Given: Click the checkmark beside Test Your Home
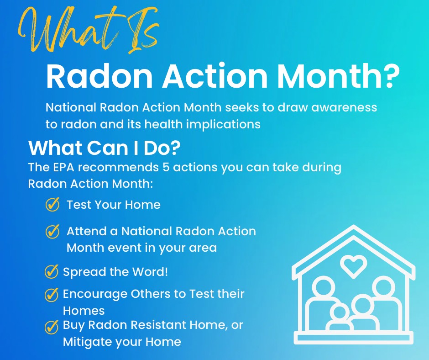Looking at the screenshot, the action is click(52, 204).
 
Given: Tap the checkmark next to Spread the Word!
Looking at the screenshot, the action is click(51, 271).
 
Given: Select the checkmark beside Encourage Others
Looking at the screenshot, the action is click(51, 295).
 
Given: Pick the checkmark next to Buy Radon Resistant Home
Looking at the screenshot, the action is click(51, 327).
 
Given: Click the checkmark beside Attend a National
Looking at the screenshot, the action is click(52, 232).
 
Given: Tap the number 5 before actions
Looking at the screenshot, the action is click(166, 167).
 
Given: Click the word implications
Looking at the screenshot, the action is click(224, 125).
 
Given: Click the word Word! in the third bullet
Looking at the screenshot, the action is click(150, 271).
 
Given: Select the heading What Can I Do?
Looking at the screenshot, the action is click(105, 148).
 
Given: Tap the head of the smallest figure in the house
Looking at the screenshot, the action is click(339, 312).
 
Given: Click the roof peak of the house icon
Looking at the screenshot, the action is click(354, 227).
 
